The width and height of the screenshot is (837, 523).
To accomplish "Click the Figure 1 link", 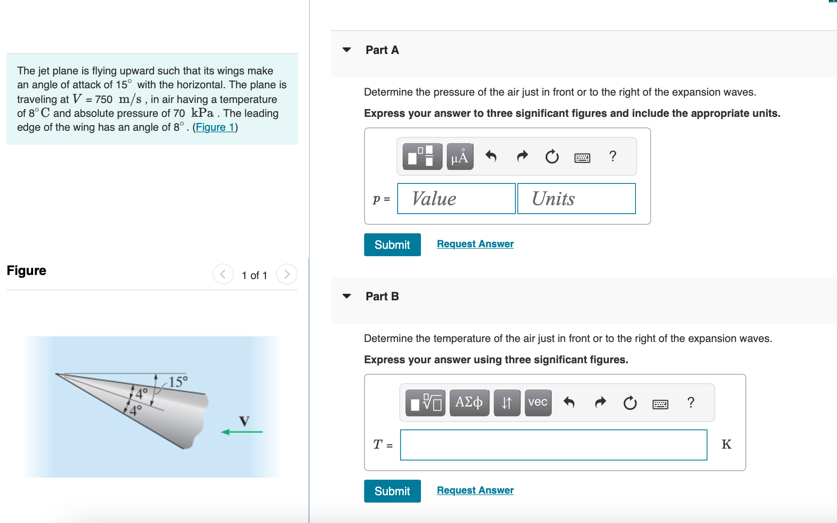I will pos(215,127).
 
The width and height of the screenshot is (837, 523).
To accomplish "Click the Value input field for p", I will pos(456,199).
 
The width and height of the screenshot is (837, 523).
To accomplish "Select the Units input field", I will pos(576,199).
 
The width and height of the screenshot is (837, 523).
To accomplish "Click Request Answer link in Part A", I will pos(475,244).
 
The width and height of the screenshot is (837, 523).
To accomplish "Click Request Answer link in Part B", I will pos(475,490).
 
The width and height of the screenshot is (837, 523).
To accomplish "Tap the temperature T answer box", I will pos(553,445).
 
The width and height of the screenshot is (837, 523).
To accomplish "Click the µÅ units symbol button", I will pos(460,156).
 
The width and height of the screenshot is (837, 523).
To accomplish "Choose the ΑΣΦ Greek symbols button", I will pos(469,402).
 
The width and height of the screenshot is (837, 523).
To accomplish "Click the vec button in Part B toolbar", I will pos(537,402).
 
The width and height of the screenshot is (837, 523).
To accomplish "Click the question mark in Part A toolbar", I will pos(613,156).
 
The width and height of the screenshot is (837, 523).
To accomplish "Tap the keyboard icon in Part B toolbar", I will pos(660,404).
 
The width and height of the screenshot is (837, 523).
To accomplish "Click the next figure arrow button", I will pos(286,274).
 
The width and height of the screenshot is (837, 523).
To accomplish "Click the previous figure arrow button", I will pos(223,274).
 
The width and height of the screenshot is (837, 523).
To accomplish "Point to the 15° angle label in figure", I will pos(178,382).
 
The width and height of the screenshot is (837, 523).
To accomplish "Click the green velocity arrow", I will pos(242,432).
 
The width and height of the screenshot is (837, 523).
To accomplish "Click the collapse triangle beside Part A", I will pos(347,50).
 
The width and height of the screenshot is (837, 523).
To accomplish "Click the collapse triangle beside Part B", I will pos(347,296).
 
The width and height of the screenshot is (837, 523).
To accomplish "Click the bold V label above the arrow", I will pos(244,420).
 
